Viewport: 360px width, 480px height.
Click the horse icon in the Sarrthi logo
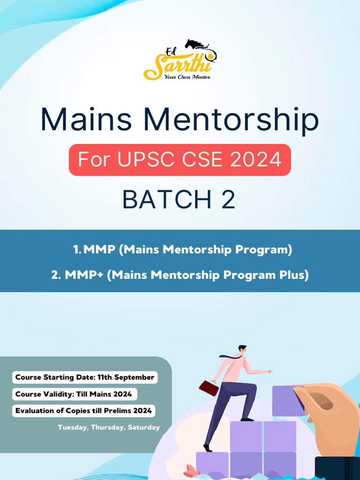coord(196,45)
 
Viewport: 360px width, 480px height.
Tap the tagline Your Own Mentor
coord(187,76)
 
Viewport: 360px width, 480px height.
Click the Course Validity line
coord(74,394)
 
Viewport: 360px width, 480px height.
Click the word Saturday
coord(143,427)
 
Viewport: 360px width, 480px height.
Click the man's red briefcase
coord(209,388)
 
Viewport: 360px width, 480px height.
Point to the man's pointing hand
coord(270,371)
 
